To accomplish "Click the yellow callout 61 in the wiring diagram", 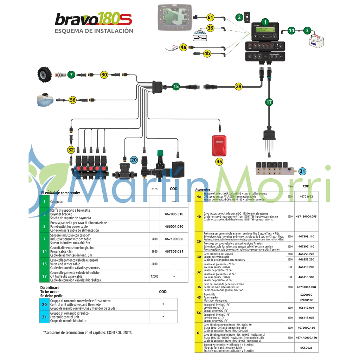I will [210, 17].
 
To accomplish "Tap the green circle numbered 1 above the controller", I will [265, 21].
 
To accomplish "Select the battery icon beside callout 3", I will [316, 41].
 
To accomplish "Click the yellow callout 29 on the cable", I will [239, 86].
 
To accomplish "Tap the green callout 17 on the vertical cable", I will [269, 102].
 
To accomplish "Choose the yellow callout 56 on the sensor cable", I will [73, 100].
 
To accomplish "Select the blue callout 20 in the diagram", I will [134, 160].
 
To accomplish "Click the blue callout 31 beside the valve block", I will [303, 171].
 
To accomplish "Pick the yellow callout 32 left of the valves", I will [71, 150].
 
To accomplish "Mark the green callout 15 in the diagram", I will [176, 86].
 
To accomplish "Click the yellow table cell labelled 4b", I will [199, 217].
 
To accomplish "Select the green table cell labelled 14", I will [45, 252].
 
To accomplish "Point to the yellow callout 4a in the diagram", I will [184, 47].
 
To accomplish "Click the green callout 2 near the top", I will [239, 17].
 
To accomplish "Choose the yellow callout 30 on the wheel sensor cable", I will [104, 75].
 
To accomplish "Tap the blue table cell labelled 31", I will [45, 316].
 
